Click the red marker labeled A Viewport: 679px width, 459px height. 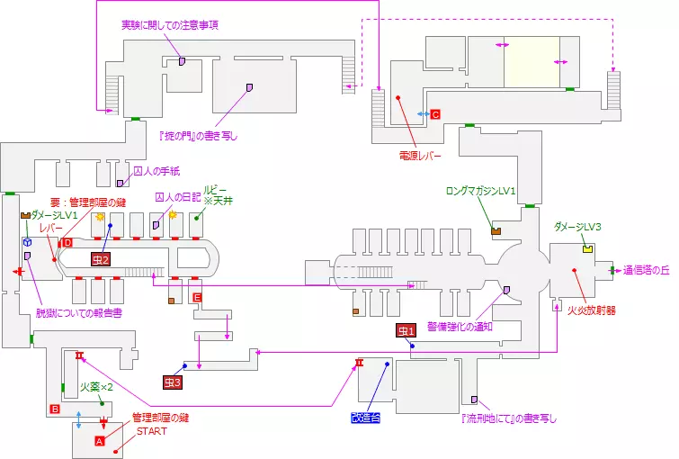(x=100, y=441)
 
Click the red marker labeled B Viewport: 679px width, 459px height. (x=55, y=409)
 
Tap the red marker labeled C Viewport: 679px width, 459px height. (x=434, y=114)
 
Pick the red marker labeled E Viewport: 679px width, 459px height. (x=197, y=297)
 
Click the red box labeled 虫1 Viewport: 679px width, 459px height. (x=407, y=330)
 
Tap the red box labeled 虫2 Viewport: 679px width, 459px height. (x=100, y=259)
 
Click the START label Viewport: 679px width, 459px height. (x=151, y=431)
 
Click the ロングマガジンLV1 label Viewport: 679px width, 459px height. (x=481, y=191)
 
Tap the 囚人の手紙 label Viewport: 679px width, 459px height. (x=156, y=171)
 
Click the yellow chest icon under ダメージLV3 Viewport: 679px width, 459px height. (x=588, y=248)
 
